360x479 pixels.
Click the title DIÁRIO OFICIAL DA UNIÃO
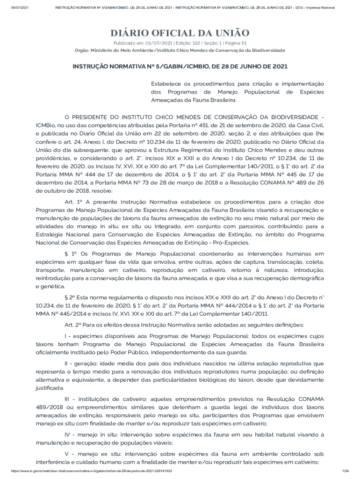pos(180,33)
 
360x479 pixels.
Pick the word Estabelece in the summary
pos(166,83)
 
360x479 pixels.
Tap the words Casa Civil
pos(309,125)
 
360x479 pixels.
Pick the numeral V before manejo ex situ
pos(66,454)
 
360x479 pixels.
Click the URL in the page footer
pos(91,471)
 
